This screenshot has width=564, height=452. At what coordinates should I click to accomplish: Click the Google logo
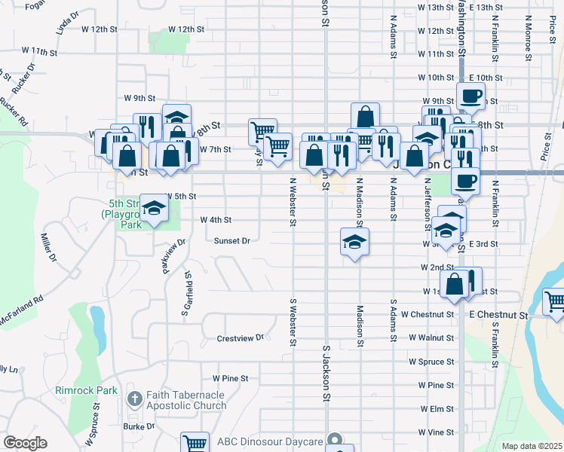point(25,443)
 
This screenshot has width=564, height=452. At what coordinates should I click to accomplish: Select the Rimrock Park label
point(86,390)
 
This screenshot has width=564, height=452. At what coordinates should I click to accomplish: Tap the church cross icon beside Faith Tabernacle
point(134,399)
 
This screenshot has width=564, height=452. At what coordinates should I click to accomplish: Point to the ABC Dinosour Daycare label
point(270,441)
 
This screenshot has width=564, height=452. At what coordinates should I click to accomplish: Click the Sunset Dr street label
point(231,241)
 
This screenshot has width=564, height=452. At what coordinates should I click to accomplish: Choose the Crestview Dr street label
point(240,337)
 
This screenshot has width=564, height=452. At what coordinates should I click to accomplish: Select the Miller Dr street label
point(48,247)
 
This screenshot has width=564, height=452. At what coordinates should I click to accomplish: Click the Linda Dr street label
point(67,23)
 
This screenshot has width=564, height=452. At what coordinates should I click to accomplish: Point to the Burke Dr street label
point(139,426)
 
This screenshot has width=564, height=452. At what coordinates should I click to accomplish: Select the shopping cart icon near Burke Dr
point(195,444)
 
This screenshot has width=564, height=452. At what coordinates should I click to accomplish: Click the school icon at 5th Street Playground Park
point(154,209)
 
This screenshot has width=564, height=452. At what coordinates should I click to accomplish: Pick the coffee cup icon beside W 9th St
point(471,96)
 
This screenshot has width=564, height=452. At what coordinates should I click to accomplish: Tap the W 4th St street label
point(215,220)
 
